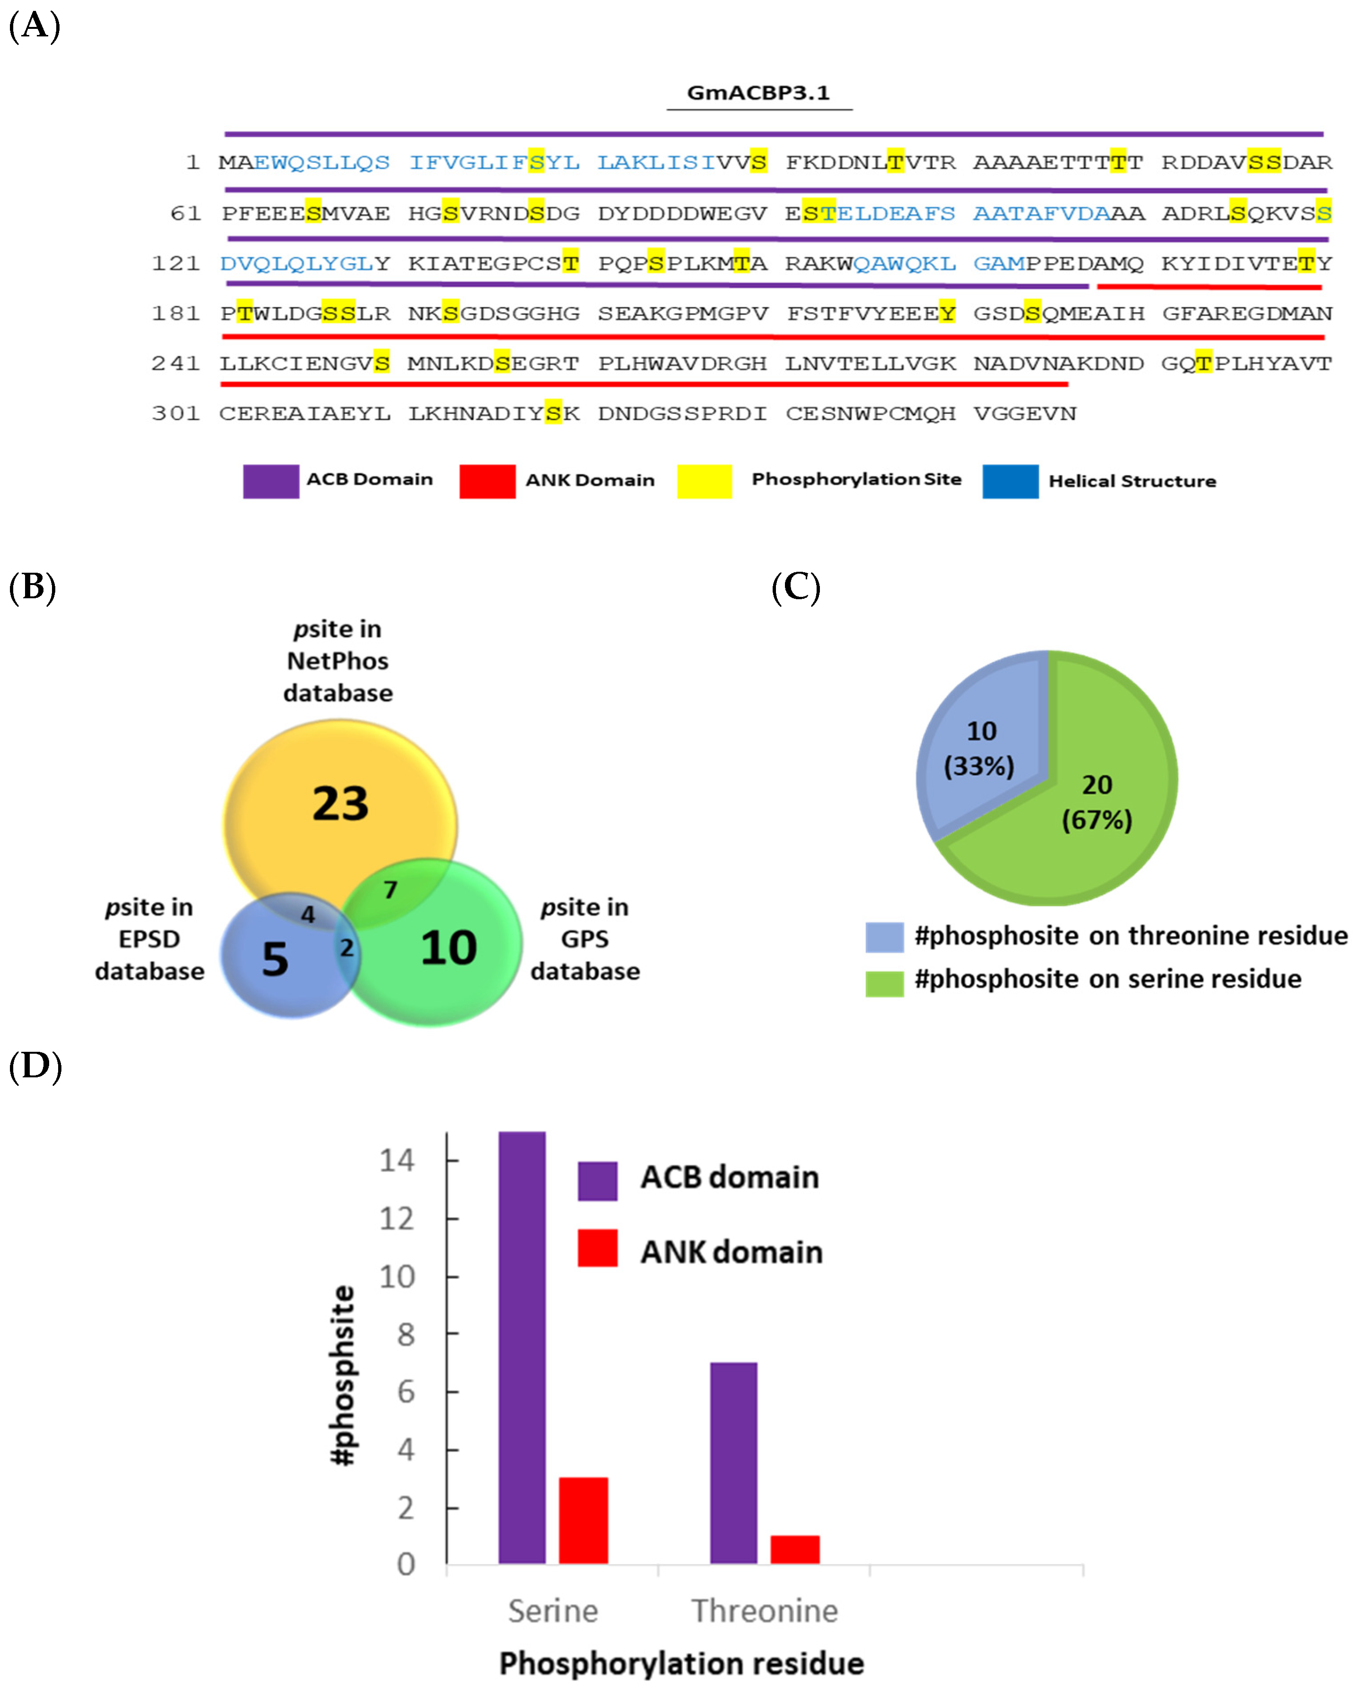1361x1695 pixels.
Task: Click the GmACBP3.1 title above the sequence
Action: point(758,93)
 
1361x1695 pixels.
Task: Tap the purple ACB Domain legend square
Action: point(270,481)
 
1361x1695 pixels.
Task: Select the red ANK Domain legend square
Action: point(487,481)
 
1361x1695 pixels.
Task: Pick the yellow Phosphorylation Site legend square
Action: point(704,481)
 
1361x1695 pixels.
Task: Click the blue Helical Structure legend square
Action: point(1010,481)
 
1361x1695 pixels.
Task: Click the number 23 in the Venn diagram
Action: point(340,804)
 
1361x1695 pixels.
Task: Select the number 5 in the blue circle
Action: point(275,959)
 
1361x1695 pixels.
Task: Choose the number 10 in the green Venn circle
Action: point(448,947)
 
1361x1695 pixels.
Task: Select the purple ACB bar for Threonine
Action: point(733,1462)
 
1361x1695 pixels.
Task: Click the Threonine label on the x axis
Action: point(764,1611)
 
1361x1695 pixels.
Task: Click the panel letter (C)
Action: point(795,587)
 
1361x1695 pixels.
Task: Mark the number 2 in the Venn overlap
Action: point(346,948)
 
